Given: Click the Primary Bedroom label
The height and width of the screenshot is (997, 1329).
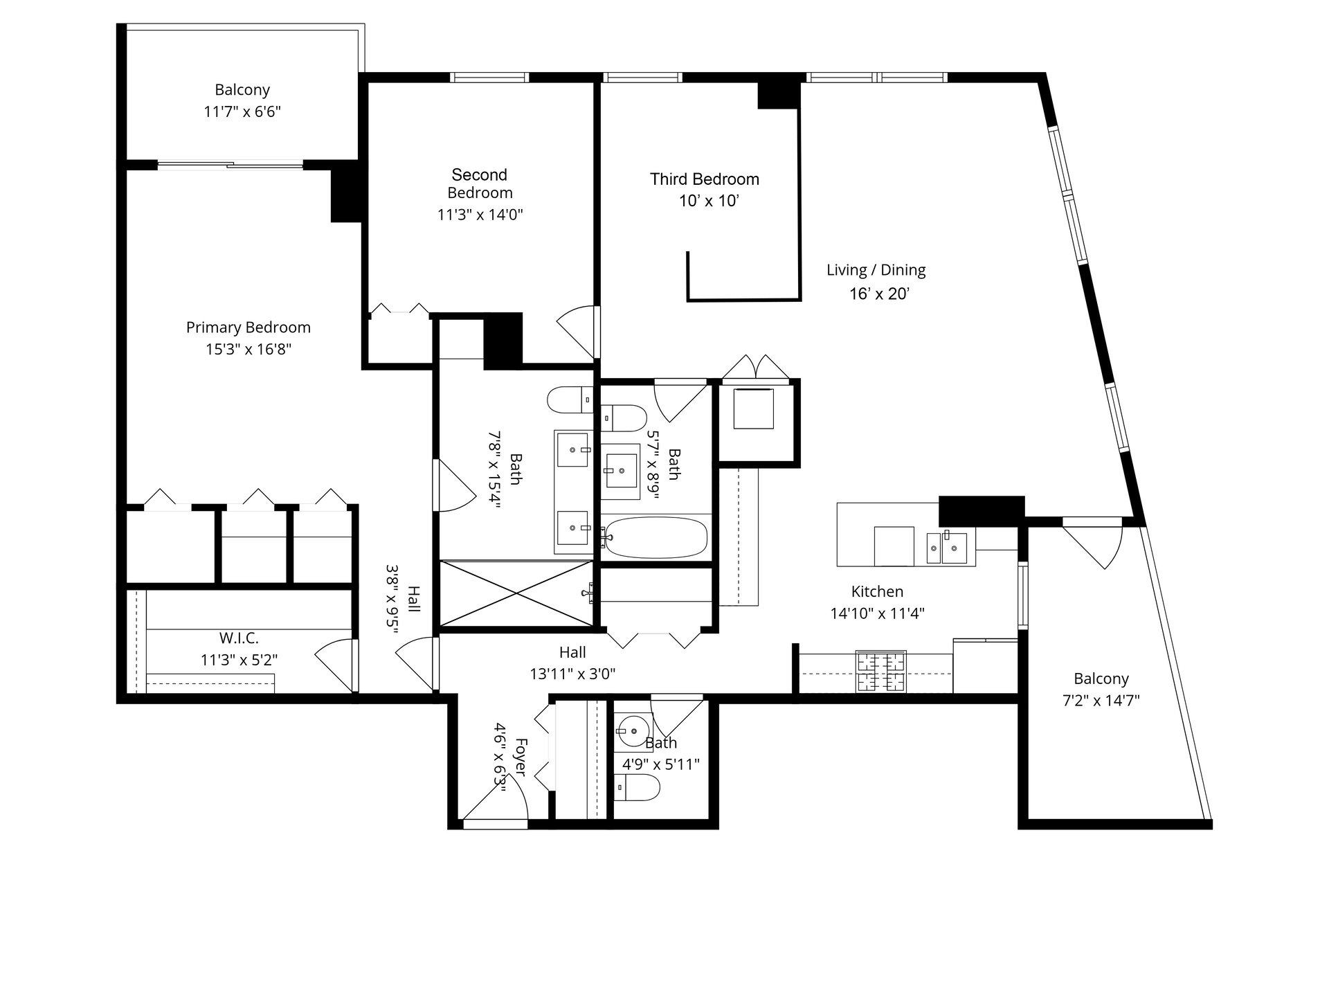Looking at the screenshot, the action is pos(248,327).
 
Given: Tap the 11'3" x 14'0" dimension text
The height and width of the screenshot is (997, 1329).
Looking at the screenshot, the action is pos(480,215).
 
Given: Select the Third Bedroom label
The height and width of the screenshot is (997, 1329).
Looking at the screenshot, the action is pos(705,179).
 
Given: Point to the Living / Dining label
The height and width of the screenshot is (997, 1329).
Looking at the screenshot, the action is pos(876,270).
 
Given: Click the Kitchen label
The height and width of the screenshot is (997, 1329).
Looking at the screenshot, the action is pos(877,591).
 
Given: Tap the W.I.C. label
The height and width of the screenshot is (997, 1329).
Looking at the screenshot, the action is pos(239,638).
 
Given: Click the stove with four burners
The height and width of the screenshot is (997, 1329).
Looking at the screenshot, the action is pos(881,671).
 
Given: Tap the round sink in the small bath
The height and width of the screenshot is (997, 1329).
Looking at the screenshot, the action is pos(632,730).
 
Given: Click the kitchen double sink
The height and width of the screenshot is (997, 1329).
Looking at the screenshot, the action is pos(946,548).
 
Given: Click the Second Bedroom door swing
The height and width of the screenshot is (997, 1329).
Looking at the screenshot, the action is pos(577,332).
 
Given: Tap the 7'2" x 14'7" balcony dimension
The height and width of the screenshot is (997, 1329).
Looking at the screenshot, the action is pos(1101,701).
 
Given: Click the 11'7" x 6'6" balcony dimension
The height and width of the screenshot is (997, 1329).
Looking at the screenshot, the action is pos(242,111).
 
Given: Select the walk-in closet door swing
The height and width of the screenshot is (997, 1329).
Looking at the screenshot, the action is pos(335,665).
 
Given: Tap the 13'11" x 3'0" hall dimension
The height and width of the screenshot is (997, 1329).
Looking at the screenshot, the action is pos(572,674).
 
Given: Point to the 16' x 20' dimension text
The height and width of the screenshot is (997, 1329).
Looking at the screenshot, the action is pos(879,294).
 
